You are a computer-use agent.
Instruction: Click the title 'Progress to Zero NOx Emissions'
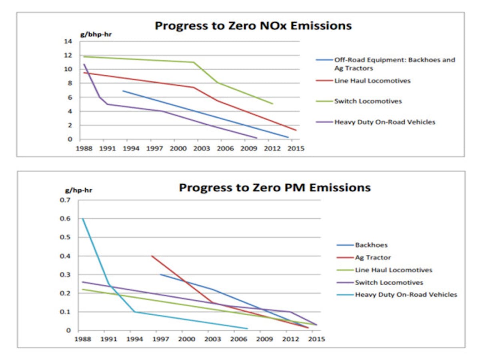click(x=253, y=26)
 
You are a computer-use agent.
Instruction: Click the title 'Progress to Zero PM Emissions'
click(x=274, y=187)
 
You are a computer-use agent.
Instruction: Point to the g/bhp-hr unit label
click(x=96, y=34)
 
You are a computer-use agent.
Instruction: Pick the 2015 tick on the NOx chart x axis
click(x=296, y=148)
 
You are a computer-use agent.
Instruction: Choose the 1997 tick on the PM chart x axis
click(x=160, y=339)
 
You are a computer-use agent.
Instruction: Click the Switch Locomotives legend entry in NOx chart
click(x=368, y=101)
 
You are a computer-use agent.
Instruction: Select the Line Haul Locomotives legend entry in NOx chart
click(x=372, y=81)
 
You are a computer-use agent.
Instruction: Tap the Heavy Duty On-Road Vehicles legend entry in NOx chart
click(x=384, y=122)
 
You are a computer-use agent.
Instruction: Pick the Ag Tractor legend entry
click(x=373, y=258)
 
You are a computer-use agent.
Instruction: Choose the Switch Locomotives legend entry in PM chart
click(x=389, y=282)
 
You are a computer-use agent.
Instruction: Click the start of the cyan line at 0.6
click(x=83, y=218)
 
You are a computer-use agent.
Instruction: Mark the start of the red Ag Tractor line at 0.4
click(x=152, y=256)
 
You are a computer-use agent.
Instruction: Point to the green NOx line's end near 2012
click(x=273, y=104)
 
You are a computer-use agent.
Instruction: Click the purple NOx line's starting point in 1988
click(x=84, y=64)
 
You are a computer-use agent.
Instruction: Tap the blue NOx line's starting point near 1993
click(x=123, y=91)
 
